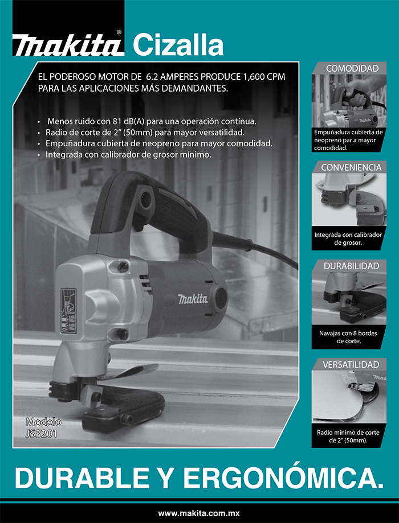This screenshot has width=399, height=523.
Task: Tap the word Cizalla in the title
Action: point(178,45)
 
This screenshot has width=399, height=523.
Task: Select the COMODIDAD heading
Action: point(352,68)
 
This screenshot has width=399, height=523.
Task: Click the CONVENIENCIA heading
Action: point(351,167)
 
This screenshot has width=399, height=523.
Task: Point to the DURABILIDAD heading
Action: point(352,266)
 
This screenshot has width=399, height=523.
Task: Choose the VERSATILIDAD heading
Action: point(351,365)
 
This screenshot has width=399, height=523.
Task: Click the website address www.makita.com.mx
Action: point(199,513)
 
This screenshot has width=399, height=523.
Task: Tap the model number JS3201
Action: point(41,433)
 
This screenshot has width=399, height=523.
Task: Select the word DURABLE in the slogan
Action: point(82,478)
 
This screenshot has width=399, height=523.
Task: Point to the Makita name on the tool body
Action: point(193,299)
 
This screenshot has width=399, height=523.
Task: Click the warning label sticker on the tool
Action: point(68,311)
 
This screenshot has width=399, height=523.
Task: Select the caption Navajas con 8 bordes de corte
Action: point(348,337)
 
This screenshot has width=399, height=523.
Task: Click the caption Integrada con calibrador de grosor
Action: point(348,238)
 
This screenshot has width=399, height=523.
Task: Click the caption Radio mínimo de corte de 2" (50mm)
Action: point(348,436)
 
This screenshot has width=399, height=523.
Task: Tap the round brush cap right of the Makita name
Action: point(221,296)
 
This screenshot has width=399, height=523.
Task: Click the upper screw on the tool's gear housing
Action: point(123,266)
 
